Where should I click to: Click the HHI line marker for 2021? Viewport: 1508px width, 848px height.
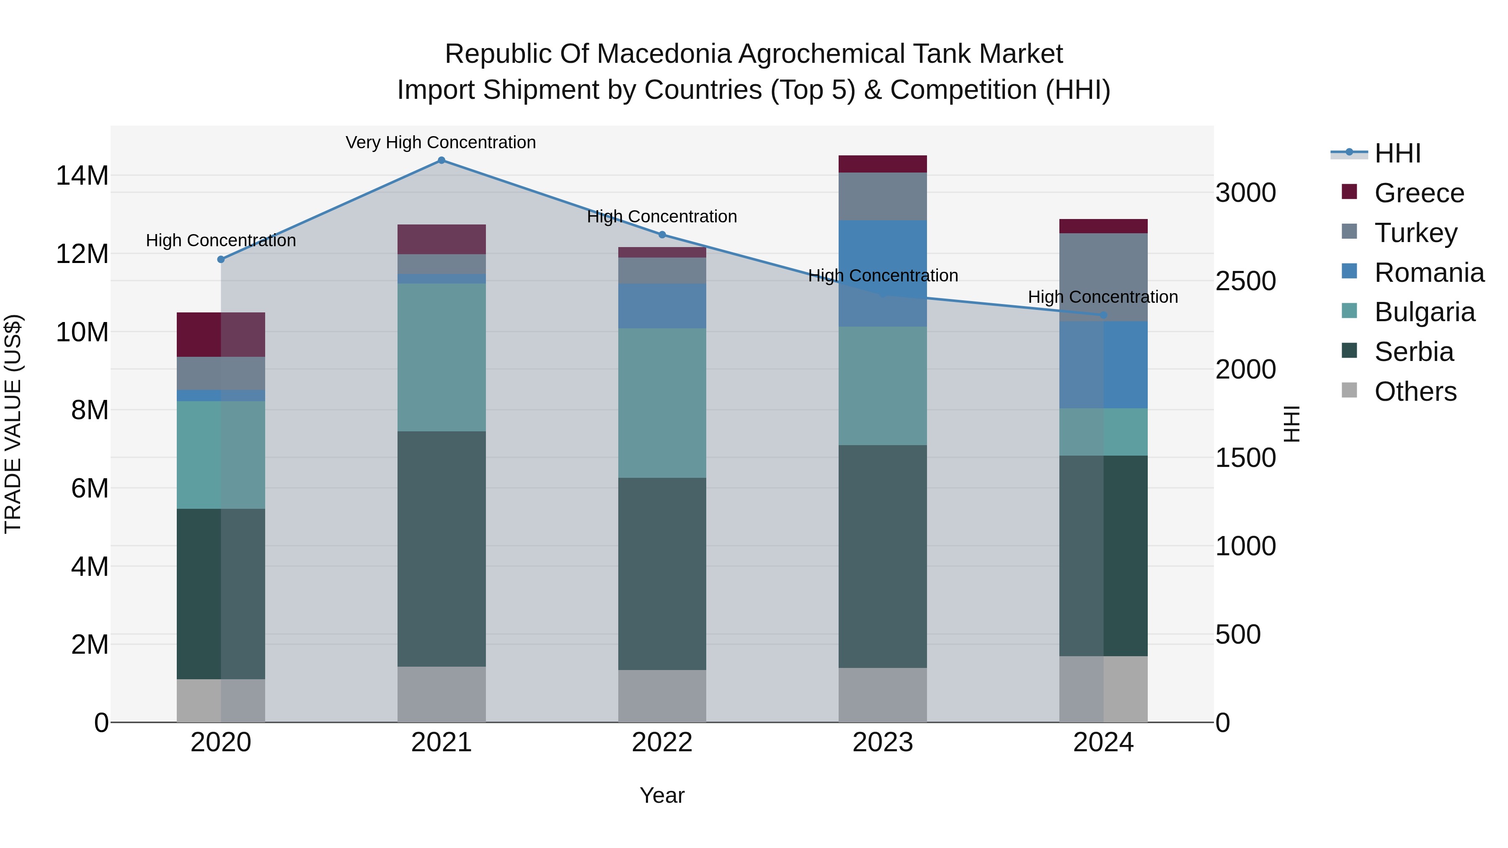click(442, 160)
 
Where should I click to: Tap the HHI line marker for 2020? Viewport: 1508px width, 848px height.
click(221, 259)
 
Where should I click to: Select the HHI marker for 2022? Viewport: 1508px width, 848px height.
click(662, 235)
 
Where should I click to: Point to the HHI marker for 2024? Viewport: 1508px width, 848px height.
click(1103, 315)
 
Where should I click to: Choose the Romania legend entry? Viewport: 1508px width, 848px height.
click(1428, 273)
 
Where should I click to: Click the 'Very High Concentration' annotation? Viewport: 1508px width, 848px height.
click(441, 142)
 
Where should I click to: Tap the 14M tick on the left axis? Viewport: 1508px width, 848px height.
click(82, 175)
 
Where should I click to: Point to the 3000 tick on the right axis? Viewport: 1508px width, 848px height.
click(1245, 193)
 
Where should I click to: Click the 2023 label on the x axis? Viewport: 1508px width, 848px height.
click(883, 742)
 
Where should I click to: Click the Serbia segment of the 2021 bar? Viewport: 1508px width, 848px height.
click(442, 549)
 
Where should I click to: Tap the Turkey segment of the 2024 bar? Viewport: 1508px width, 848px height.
click(1103, 277)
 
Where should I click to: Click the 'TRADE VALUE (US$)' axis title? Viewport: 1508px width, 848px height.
click(13, 424)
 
